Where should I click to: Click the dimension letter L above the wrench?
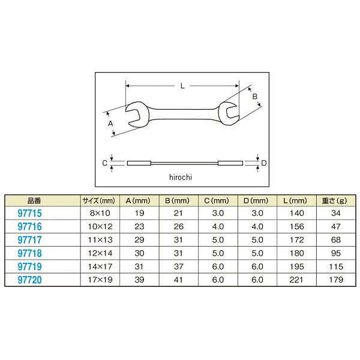coord(182,86)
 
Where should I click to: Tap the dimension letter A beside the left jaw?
coord(110,124)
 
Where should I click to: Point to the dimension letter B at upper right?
coord(254,97)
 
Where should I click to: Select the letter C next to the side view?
coord(104,163)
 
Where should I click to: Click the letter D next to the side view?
coord(264,163)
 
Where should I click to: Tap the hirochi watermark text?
coord(181,177)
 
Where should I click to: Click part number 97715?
coord(29,213)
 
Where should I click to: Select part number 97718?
coord(29,253)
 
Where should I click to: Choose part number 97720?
coord(29,280)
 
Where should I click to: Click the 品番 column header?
coord(34,201)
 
